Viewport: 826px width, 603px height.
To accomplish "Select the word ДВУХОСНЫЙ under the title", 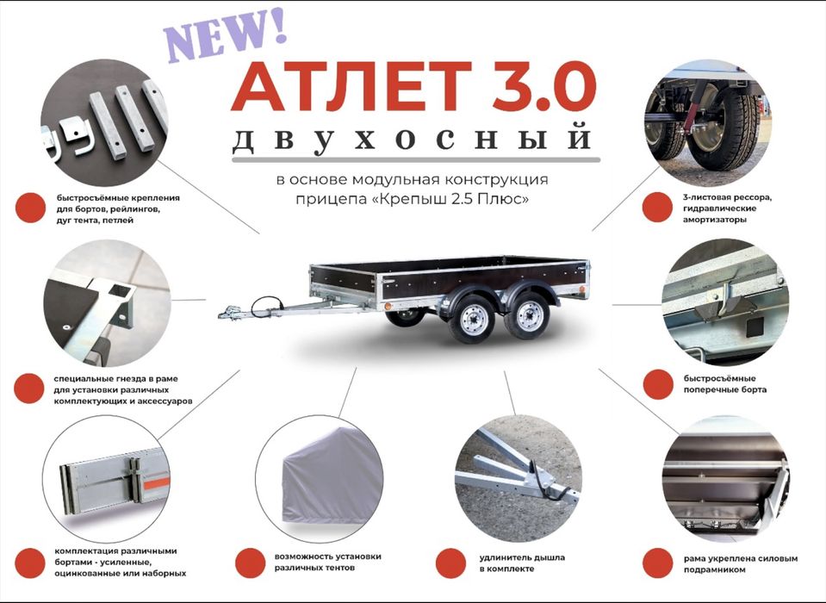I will (x=413, y=141).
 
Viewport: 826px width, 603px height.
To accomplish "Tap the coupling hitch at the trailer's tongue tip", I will (x=231, y=312).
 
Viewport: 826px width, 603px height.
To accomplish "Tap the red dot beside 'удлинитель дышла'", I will (x=450, y=563).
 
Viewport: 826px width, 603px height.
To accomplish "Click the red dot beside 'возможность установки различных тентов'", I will (x=250, y=563).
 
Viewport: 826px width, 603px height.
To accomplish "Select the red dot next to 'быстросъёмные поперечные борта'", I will (x=658, y=384).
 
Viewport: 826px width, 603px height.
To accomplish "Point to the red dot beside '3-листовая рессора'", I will (x=659, y=208).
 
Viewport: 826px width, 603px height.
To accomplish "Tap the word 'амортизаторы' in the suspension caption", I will (x=714, y=220).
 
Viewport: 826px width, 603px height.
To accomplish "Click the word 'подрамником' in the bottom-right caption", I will (x=721, y=569).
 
